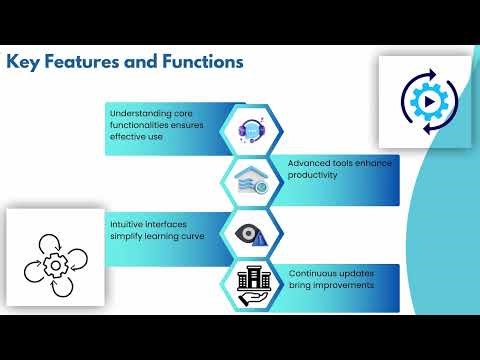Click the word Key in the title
(x=25, y=62)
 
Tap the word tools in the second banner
(x=353, y=162)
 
